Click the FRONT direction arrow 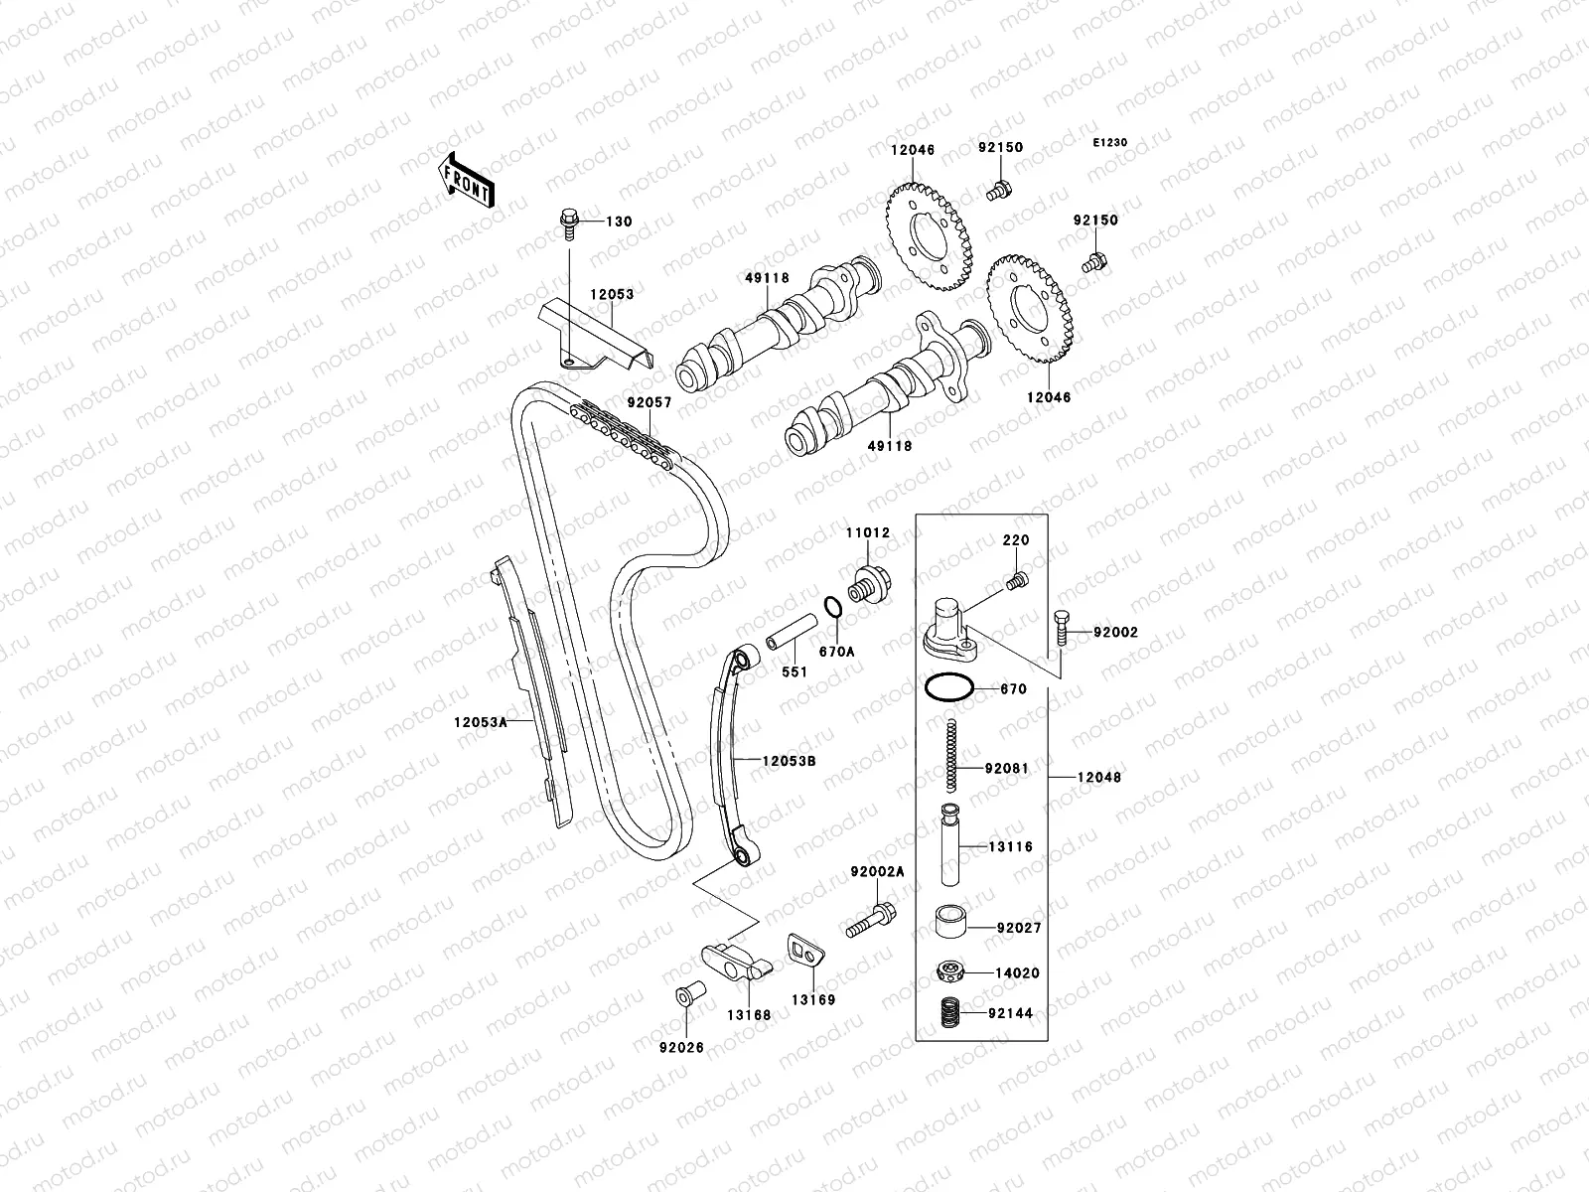pos(469,180)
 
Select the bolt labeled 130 pos(570,223)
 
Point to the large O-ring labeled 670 pos(947,687)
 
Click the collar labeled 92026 pos(685,995)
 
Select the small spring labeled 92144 pos(952,1013)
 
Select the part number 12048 pos(1098,777)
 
